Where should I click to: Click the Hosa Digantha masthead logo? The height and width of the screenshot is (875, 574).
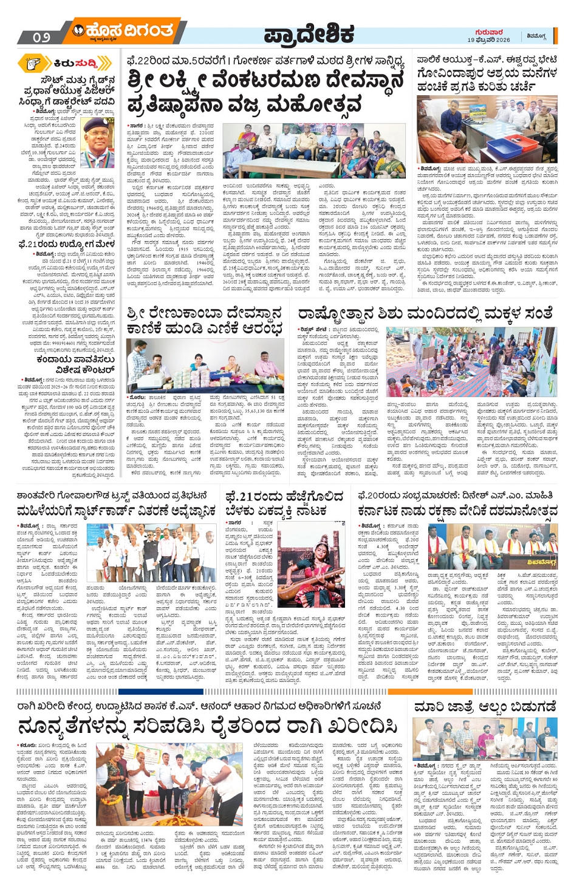(121, 30)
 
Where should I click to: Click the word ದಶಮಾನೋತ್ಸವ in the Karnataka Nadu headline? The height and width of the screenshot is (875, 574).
(516, 512)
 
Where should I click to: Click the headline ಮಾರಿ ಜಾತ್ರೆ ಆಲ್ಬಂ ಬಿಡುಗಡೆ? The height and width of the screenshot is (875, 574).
(485, 707)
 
